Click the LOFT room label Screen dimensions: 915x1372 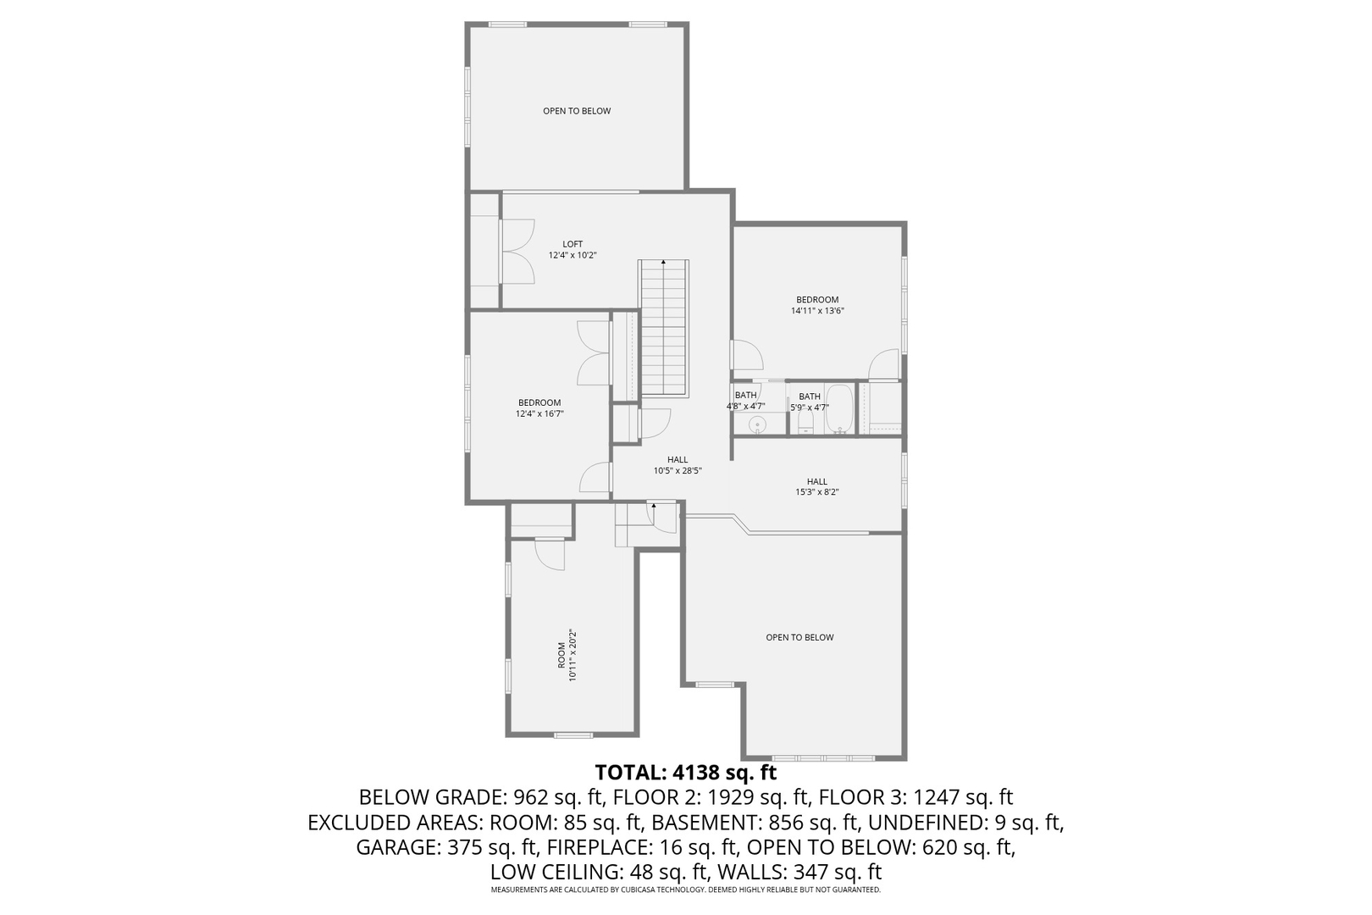point(573,244)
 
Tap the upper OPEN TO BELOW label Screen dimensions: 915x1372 point(577,111)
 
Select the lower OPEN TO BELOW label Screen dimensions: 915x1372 point(799,637)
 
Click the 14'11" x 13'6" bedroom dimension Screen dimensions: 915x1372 point(817,311)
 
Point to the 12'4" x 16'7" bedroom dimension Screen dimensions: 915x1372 point(539,414)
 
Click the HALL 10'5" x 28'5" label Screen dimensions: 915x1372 point(678,465)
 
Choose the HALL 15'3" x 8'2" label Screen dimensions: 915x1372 point(816,487)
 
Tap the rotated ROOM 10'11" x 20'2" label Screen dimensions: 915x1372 point(567,655)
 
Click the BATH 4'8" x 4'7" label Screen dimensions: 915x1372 point(745,401)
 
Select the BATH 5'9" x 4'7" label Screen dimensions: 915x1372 point(810,402)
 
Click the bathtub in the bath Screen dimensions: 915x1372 point(839,409)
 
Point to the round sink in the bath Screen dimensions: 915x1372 point(758,424)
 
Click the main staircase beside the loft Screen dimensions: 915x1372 point(663,330)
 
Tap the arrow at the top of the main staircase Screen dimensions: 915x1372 point(663,263)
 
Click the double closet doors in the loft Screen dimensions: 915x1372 point(517,251)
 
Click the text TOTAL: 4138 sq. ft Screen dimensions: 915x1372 point(685,773)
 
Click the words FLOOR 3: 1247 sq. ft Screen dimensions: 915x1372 point(919,797)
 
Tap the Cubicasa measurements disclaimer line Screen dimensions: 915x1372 point(685,890)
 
